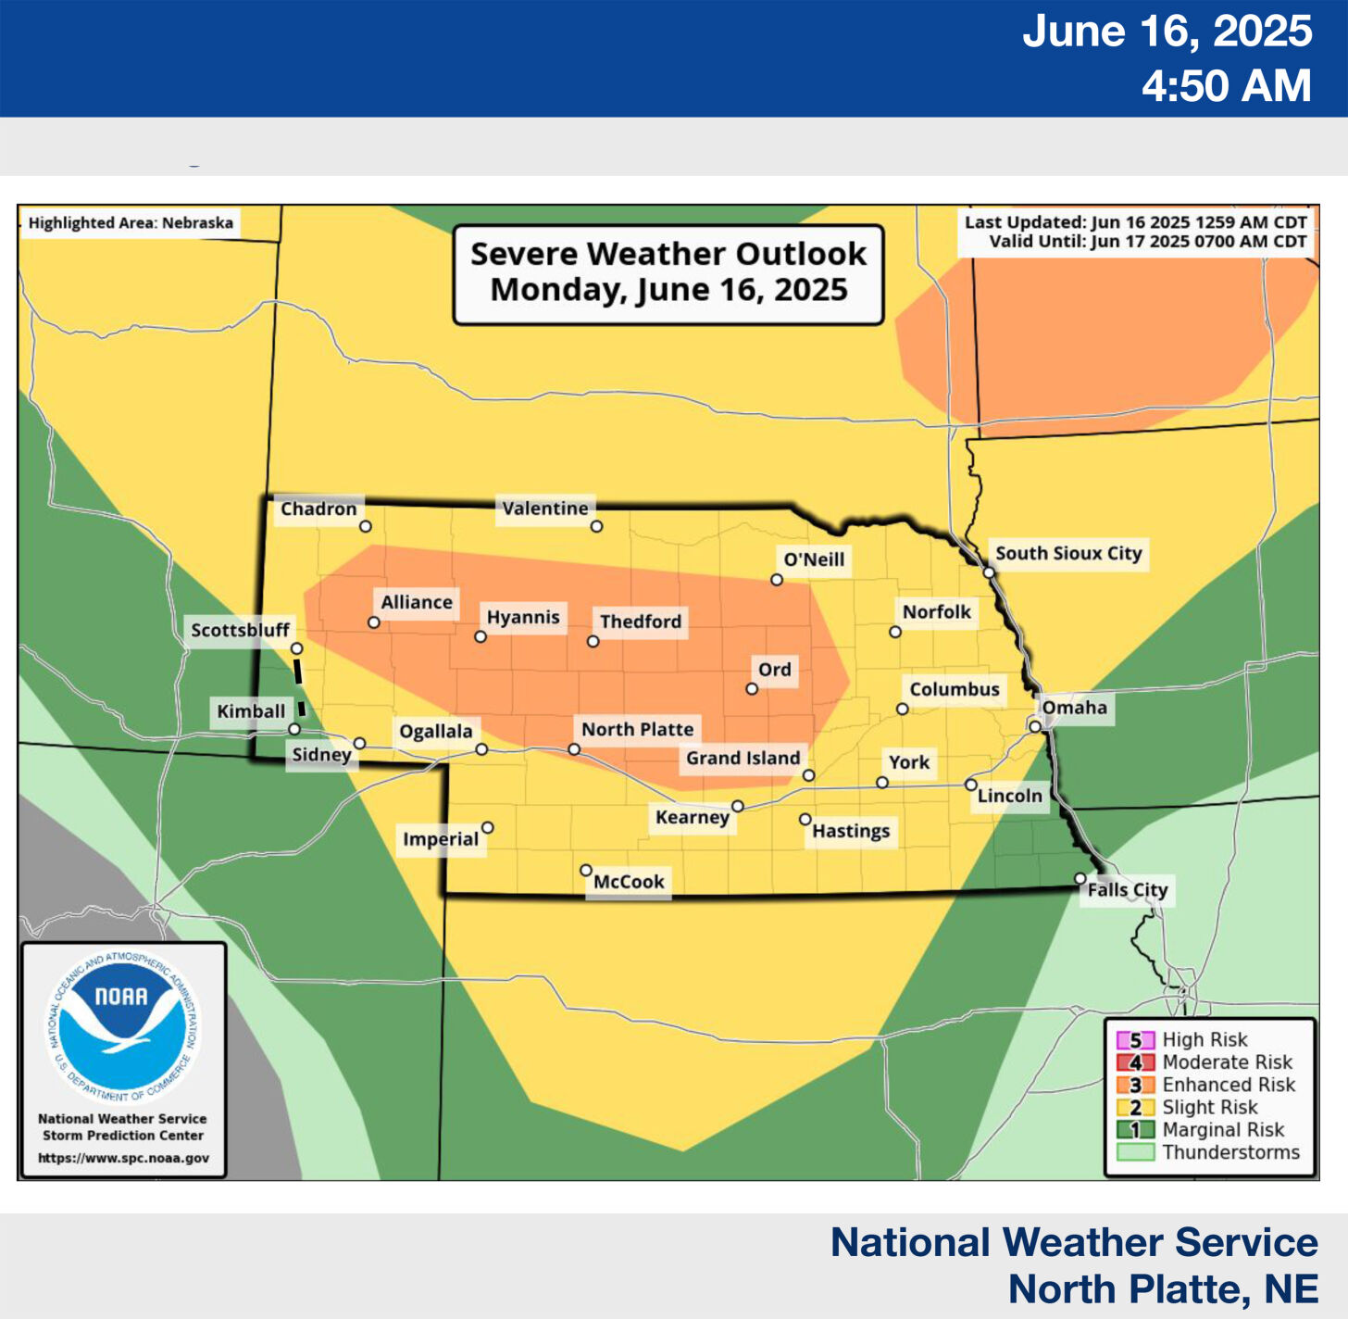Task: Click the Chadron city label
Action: pyautogui.click(x=318, y=509)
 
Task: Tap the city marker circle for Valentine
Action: pyautogui.click(x=597, y=526)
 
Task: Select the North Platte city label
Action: pyautogui.click(x=637, y=729)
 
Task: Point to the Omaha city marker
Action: pyautogui.click(x=1035, y=727)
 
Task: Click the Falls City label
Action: pyautogui.click(x=1127, y=890)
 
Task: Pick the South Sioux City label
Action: pyautogui.click(x=1068, y=553)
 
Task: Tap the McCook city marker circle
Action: pyautogui.click(x=586, y=871)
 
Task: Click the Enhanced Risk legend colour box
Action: pyautogui.click(x=1135, y=1085)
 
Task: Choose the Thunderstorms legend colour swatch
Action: pyautogui.click(x=1135, y=1152)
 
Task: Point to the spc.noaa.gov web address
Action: pyautogui.click(x=123, y=1158)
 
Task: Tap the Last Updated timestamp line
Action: pyautogui.click(x=1135, y=222)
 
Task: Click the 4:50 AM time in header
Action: pyautogui.click(x=1226, y=85)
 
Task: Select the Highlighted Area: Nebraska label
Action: pyautogui.click(x=131, y=223)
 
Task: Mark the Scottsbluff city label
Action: pyautogui.click(x=240, y=630)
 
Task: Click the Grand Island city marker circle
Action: pyautogui.click(x=808, y=775)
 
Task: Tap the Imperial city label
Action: pyautogui.click(x=441, y=839)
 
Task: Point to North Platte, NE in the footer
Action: pyautogui.click(x=1163, y=1288)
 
